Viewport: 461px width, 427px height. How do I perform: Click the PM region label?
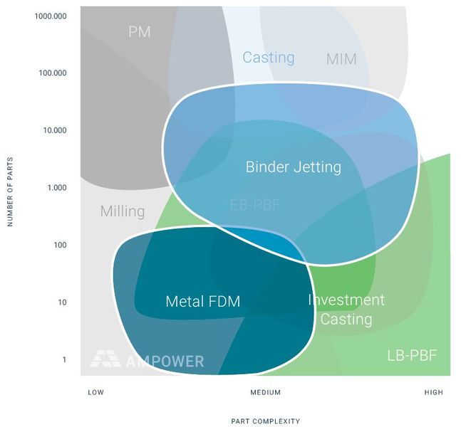[x=140, y=32]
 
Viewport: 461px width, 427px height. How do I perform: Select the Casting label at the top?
[x=269, y=58]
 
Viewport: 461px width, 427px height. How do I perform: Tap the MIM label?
[x=341, y=59]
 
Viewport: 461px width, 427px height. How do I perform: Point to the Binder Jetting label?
[x=294, y=167]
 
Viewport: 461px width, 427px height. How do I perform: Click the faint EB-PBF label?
[x=255, y=205]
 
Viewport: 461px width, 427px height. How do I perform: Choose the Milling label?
[x=123, y=211]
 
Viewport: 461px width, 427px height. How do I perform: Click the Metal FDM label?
[x=202, y=302]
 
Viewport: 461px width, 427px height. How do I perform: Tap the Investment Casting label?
[x=346, y=310]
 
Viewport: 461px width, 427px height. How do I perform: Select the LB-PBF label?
[x=412, y=355]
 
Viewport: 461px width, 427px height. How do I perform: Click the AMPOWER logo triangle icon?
[x=105, y=359]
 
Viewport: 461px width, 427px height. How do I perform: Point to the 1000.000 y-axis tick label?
[x=51, y=16]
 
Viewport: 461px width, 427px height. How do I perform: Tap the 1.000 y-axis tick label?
[x=57, y=188]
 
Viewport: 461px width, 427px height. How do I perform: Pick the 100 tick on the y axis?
[x=59, y=246]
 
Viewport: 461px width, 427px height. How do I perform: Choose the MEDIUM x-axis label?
[x=266, y=392]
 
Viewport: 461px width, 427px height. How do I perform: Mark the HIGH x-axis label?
[x=433, y=392]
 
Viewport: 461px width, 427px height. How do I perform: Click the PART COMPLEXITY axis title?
[x=266, y=421]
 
